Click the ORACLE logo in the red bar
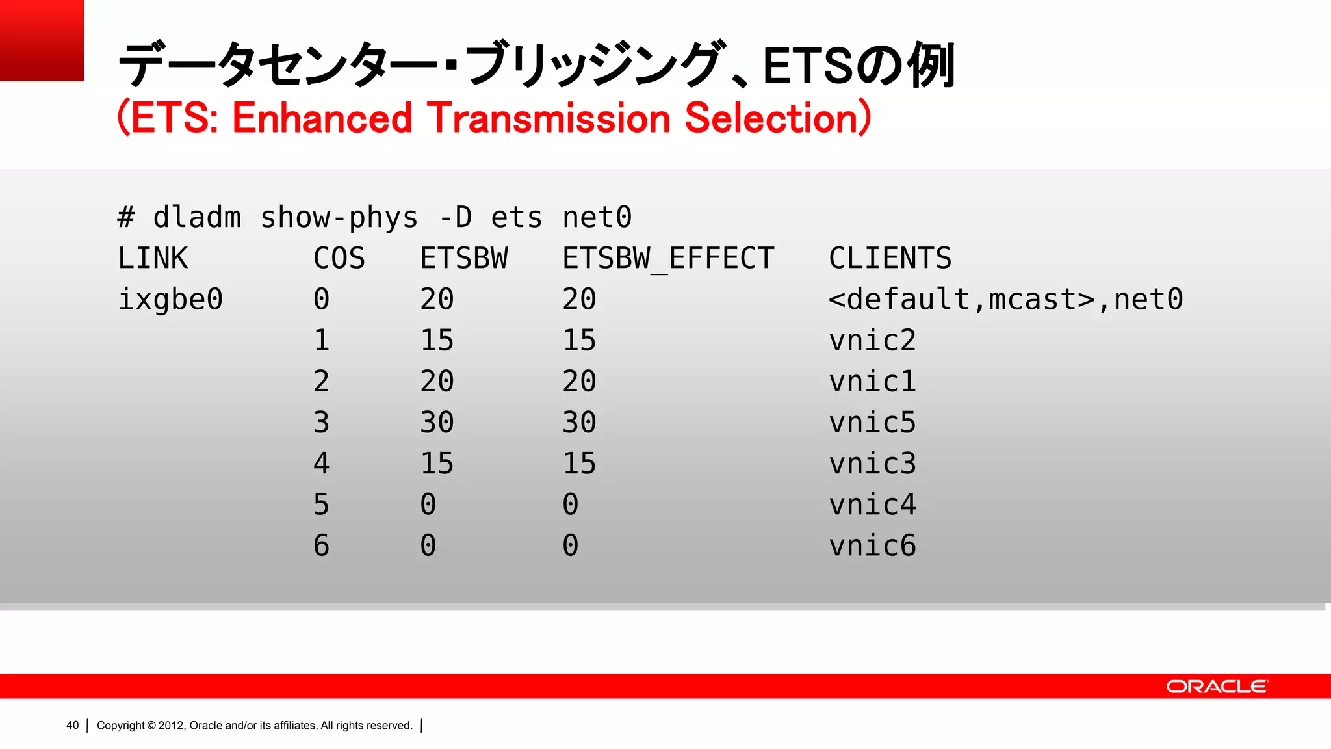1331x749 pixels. [1217, 687]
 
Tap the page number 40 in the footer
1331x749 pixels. [72, 725]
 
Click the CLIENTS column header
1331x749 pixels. [890, 259]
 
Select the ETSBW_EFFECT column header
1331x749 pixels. [668, 259]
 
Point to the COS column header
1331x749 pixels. [339, 259]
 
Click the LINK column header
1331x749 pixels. [153, 259]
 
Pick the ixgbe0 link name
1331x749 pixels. [170, 300]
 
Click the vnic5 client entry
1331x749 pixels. [872, 423]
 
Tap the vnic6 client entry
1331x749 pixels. [872, 545]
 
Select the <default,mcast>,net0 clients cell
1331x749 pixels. [1005, 300]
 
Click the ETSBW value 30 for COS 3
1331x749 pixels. [437, 423]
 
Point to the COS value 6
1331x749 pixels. [321, 545]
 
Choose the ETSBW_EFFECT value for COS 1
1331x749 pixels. [579, 341]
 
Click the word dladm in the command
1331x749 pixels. [197, 217]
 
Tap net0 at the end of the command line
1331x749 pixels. [597, 217]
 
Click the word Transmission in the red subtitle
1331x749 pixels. [549, 118]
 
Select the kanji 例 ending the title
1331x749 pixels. [931, 65]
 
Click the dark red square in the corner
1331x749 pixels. [42, 40]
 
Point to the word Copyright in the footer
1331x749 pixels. [120, 725]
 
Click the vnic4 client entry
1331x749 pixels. [872, 505]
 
